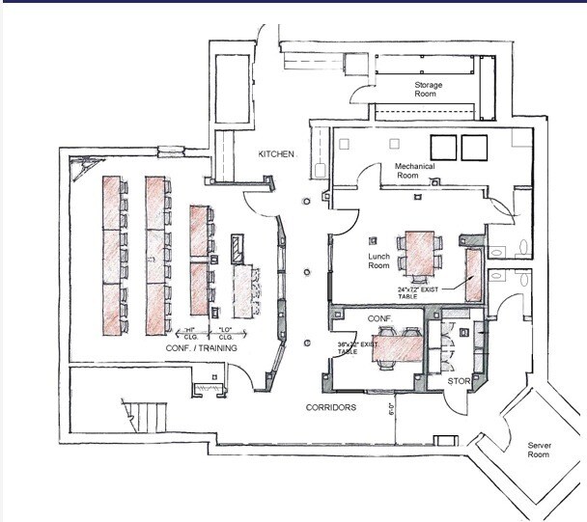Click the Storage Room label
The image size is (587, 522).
coord(429,90)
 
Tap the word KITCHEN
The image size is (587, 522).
coord(275,154)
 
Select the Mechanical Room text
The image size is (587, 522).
coord(416,172)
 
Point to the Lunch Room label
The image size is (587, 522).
coord(378,261)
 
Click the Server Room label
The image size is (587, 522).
coord(538,450)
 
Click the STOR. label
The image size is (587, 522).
coord(458,382)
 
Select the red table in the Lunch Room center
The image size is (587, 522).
coord(421,249)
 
